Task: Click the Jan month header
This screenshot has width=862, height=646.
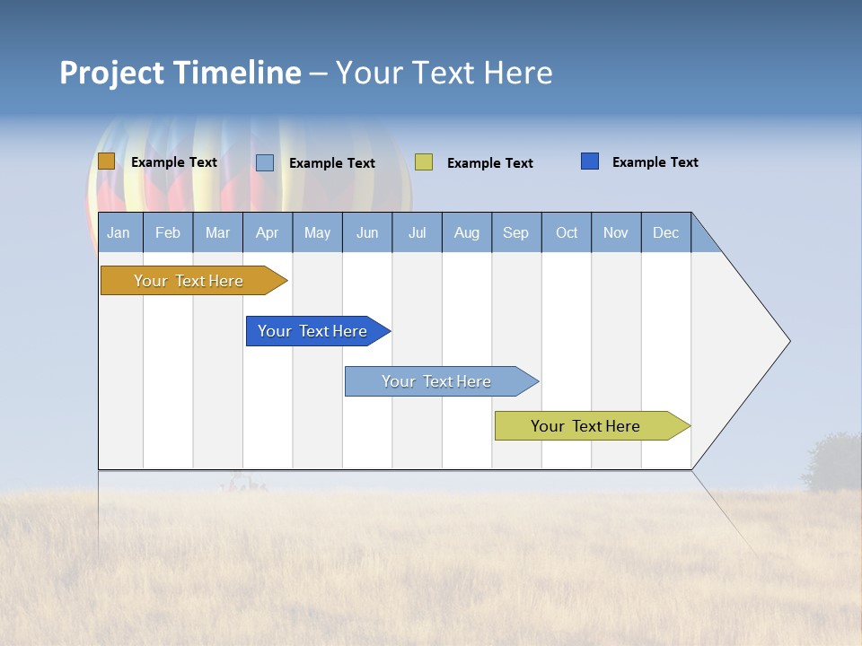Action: click(119, 232)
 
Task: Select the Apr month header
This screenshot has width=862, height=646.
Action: click(267, 232)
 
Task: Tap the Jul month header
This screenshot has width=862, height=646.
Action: click(417, 232)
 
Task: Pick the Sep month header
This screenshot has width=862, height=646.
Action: click(515, 232)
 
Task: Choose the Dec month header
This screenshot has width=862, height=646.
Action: click(665, 232)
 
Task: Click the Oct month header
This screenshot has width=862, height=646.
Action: click(567, 232)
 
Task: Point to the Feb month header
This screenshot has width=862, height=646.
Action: click(168, 232)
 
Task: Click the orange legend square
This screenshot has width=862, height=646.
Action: click(106, 161)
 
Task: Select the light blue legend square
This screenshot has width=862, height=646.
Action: click(265, 162)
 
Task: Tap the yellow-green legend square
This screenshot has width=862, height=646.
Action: click(424, 162)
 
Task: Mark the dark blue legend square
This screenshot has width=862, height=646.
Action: click(590, 161)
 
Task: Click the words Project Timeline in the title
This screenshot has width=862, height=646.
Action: click(180, 73)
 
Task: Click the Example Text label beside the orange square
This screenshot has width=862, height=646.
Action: click(174, 162)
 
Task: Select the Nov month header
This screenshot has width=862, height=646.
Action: click(616, 232)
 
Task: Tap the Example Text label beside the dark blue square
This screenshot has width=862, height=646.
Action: click(655, 162)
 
